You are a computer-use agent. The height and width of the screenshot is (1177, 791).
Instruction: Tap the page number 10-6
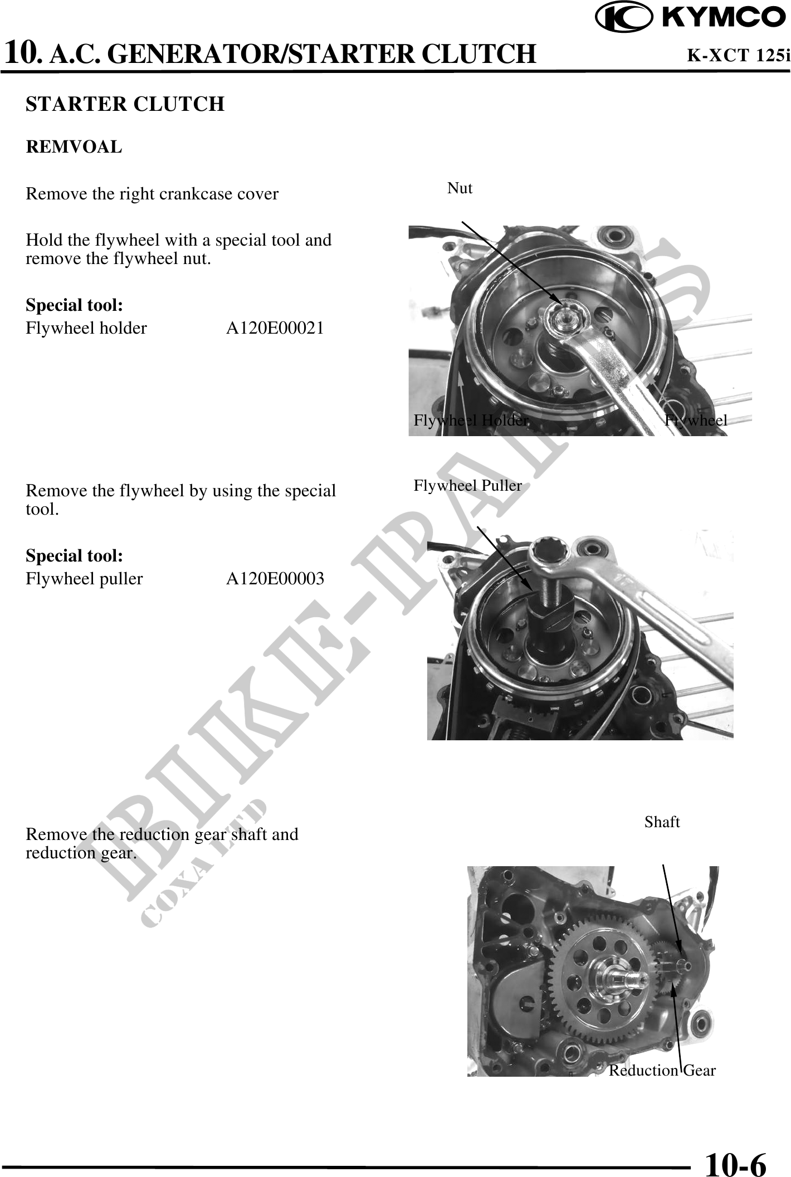(x=736, y=1164)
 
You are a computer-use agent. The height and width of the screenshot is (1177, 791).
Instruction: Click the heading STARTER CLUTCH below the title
(x=125, y=104)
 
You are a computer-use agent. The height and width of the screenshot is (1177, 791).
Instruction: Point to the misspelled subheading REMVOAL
(x=74, y=147)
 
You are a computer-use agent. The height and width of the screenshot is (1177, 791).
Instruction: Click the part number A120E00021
(x=275, y=328)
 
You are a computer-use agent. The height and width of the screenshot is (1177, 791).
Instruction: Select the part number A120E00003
(x=275, y=579)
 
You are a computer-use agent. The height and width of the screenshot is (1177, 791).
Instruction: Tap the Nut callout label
(x=460, y=188)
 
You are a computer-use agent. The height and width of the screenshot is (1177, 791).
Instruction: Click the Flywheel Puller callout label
(x=468, y=486)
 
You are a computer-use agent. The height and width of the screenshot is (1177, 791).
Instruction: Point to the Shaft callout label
(x=662, y=822)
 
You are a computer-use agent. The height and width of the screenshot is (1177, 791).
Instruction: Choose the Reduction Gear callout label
(x=662, y=1070)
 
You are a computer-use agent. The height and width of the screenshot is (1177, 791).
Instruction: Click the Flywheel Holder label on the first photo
(x=471, y=420)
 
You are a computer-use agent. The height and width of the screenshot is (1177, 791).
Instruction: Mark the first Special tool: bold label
(x=75, y=305)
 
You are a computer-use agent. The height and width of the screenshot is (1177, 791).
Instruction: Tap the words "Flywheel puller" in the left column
(x=84, y=579)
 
